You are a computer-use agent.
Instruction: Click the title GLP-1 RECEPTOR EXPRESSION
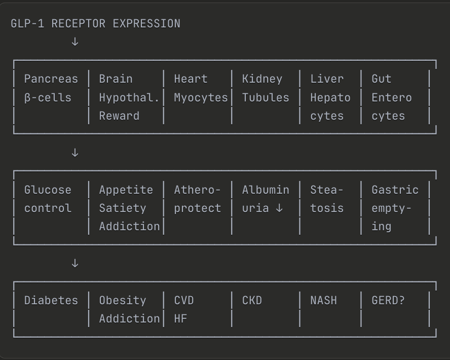click(x=95, y=24)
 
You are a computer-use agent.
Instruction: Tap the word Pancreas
click(x=51, y=79)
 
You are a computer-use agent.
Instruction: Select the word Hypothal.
click(x=129, y=98)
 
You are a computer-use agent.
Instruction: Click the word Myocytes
click(x=201, y=98)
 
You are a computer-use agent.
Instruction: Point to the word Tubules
click(x=266, y=98)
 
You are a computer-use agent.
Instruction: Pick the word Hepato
click(x=330, y=98)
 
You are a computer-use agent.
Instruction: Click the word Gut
click(x=382, y=79)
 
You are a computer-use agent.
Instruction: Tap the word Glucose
click(x=48, y=190)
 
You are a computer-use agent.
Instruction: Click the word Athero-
click(x=198, y=190)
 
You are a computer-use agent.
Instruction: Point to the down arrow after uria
click(x=279, y=208)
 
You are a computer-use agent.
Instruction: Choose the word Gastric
click(x=395, y=190)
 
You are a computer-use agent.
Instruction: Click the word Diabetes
click(x=51, y=301)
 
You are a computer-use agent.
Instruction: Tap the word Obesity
click(x=123, y=301)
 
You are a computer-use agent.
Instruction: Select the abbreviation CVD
click(x=184, y=301)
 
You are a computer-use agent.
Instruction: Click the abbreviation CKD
click(x=252, y=301)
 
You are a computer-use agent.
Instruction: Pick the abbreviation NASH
click(x=323, y=301)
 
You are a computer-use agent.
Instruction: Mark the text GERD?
click(x=388, y=301)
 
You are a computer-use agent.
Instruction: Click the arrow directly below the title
click(x=75, y=42)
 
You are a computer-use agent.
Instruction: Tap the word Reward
click(x=119, y=116)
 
